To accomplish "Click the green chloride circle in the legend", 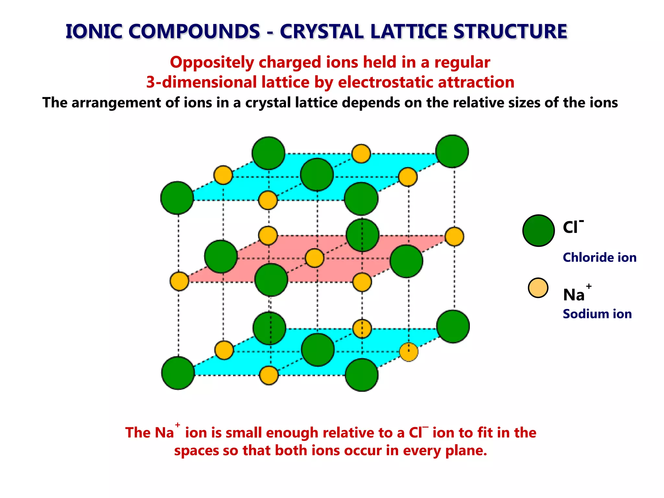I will (x=539, y=231).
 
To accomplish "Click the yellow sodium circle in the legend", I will (x=538, y=288).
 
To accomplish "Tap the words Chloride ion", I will (x=599, y=257).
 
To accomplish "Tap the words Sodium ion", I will (x=597, y=314).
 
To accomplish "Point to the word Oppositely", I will (x=212, y=62).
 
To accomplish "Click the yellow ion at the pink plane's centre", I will (x=314, y=258).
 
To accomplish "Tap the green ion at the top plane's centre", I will (x=317, y=174).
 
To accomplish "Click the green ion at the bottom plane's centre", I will (x=318, y=350).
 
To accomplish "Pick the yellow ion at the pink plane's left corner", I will (x=179, y=281).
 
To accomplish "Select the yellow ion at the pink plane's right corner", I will (x=454, y=237).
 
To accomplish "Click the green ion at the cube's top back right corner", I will (x=452, y=151).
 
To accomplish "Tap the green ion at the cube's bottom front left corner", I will (x=178, y=373).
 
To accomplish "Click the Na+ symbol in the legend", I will (x=576, y=294).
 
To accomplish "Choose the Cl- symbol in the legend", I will (x=572, y=227).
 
